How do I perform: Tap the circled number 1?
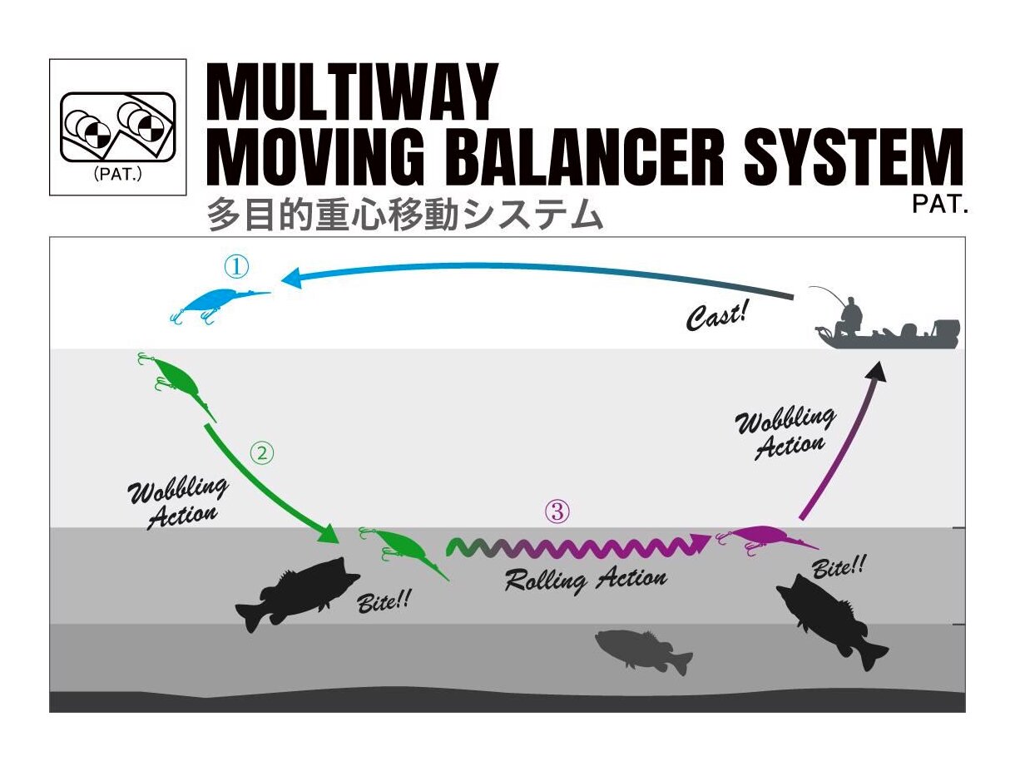point(236,267)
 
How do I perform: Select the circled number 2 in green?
point(262,453)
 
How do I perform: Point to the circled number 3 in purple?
point(557,512)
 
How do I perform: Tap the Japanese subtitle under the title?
point(404,216)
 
